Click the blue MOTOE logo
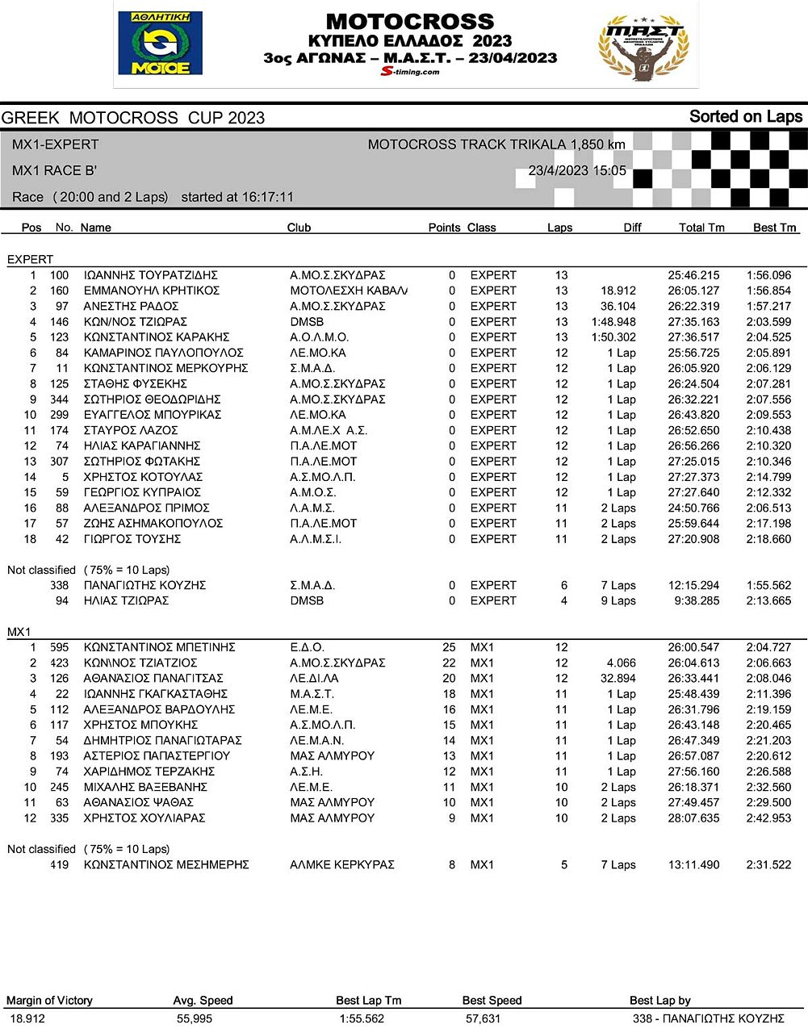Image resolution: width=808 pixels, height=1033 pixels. (x=160, y=43)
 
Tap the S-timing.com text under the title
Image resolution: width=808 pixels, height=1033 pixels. (x=410, y=71)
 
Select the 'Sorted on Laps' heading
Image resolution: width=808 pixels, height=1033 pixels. (x=745, y=117)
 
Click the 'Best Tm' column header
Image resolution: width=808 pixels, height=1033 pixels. (x=774, y=228)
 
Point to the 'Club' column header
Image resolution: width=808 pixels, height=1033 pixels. (x=299, y=228)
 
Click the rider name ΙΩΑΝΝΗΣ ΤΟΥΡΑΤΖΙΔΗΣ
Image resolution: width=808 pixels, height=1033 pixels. (x=151, y=275)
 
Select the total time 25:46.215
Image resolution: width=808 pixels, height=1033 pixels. (x=693, y=275)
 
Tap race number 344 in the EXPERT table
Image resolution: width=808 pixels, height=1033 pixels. (x=59, y=399)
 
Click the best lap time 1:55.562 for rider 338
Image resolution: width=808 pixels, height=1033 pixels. (x=768, y=585)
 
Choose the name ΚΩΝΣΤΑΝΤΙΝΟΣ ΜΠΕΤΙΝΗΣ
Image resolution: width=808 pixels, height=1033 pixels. (x=159, y=647)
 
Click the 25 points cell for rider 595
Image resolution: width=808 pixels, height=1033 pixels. (x=449, y=647)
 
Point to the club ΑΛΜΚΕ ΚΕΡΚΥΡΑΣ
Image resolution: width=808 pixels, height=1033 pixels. (x=342, y=864)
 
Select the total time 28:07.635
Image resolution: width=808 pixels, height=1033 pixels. (x=693, y=818)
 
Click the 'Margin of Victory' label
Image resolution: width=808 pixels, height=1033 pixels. (x=49, y=1001)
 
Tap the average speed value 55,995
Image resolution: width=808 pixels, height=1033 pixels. (x=195, y=1018)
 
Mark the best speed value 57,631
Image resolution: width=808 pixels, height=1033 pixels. (x=483, y=1018)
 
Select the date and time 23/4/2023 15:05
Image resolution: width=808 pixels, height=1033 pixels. (x=577, y=171)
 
